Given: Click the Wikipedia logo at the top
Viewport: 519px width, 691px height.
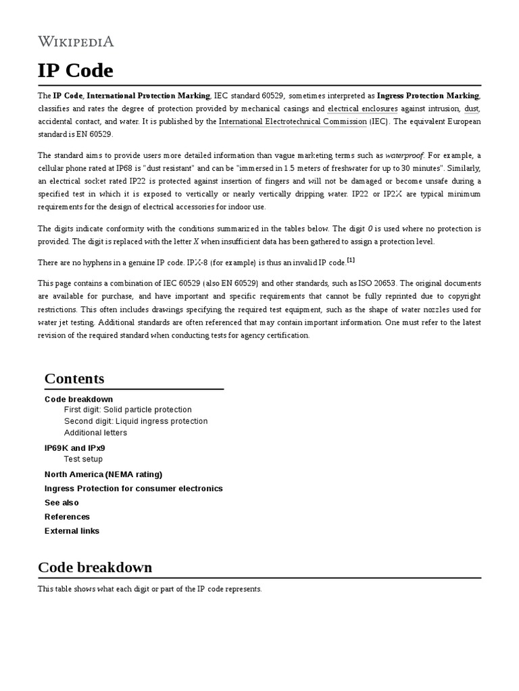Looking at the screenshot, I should pos(76,42).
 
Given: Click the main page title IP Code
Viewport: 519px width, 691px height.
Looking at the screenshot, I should pos(76,71).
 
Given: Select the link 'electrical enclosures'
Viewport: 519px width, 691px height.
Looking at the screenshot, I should pos(362,109).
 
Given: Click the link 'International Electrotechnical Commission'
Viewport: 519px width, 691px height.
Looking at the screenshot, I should pos(293,121).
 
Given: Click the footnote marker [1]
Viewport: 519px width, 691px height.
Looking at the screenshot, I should pos(351,260).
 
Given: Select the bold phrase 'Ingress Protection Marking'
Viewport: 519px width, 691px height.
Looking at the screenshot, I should pos(428,96).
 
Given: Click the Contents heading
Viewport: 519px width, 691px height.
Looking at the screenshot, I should pos(74,379).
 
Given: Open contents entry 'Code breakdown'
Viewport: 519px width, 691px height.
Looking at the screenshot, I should pos(78,399).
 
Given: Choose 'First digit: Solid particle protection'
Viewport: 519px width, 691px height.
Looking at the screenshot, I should pos(128,410).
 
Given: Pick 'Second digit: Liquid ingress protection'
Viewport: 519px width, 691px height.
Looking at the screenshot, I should pos(136,421).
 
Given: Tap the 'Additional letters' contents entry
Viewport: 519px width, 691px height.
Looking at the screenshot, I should pos(95,433).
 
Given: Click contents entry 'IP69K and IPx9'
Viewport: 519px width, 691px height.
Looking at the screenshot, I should pos(74,448).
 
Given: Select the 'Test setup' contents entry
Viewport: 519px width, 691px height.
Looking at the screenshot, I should pos(83,459).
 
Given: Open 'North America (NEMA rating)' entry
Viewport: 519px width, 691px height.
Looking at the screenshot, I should pos(103,474).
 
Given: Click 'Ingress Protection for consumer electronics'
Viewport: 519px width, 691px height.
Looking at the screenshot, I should pos(133,489).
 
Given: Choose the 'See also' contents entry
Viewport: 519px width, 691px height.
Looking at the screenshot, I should pos(61,503).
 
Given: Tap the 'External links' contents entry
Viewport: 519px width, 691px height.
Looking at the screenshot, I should pos(72,531).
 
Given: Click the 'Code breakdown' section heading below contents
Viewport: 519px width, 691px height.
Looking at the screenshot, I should pos(95,568).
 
